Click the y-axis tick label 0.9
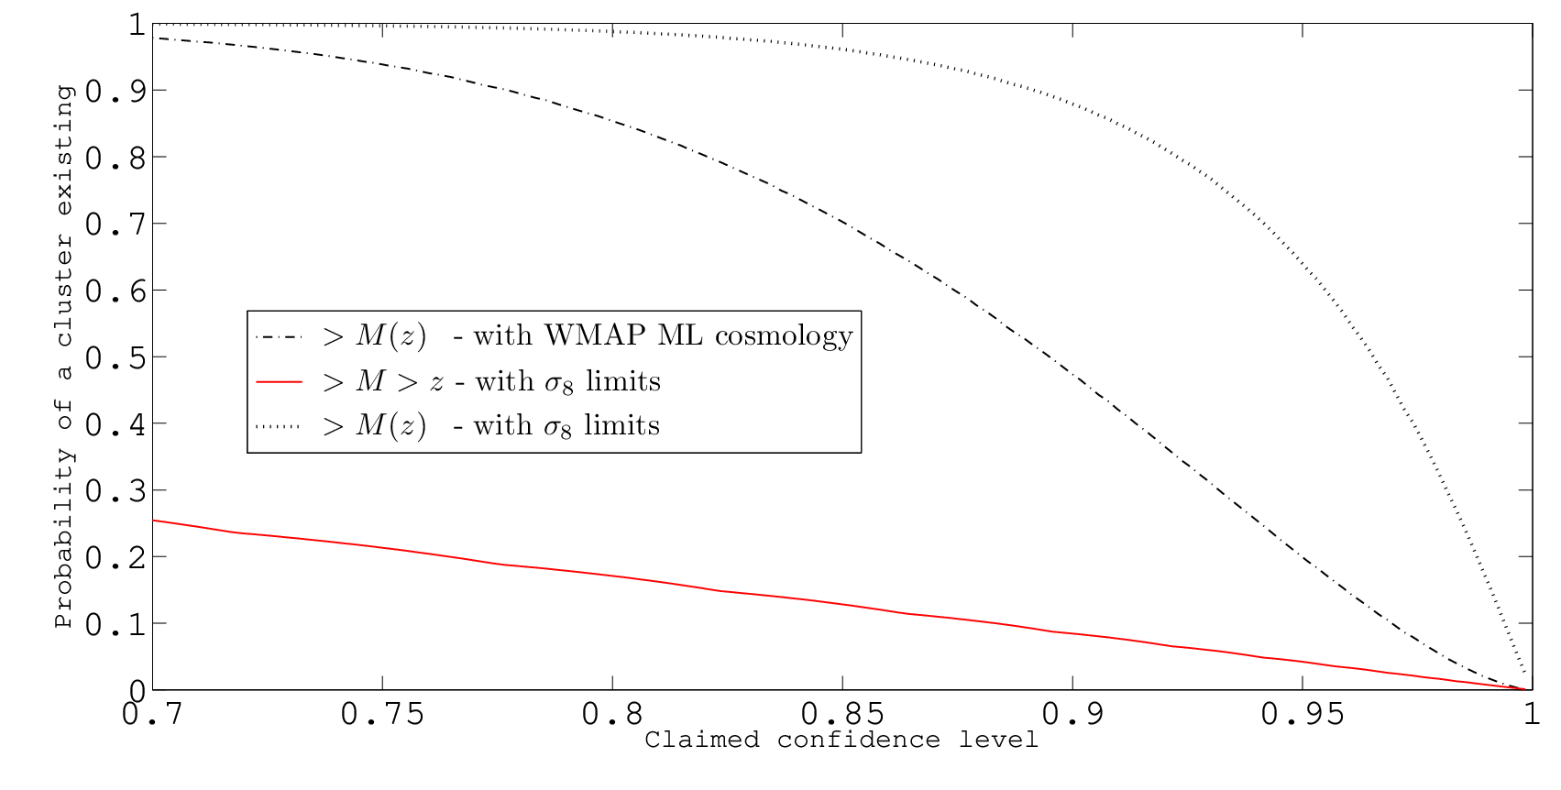click(x=115, y=92)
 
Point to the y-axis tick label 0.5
click(x=115, y=358)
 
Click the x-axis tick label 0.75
click(x=382, y=714)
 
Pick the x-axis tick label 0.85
click(x=842, y=714)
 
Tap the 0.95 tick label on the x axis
click(x=1303, y=714)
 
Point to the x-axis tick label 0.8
click(x=612, y=714)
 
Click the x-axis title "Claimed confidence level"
click(x=841, y=740)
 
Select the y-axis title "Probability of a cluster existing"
click(x=63, y=357)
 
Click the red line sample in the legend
click(x=279, y=382)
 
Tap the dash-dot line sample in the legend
click(x=279, y=337)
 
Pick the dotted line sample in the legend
click(x=279, y=426)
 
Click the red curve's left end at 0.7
click(x=153, y=521)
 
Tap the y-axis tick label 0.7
click(x=115, y=225)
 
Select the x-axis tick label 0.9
click(x=1072, y=714)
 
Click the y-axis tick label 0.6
click(x=115, y=291)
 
